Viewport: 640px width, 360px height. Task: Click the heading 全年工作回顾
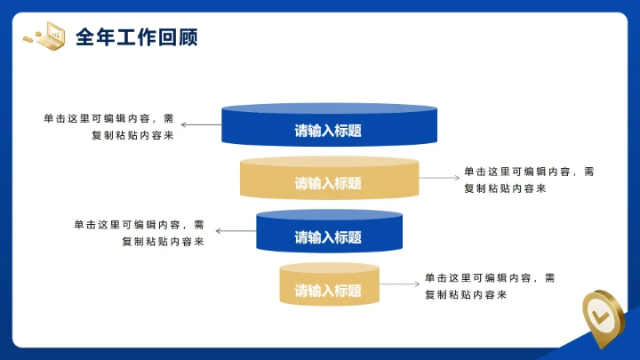coord(136,36)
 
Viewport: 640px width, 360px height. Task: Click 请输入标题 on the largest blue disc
coord(328,132)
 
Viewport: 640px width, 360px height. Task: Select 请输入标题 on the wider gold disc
coord(328,184)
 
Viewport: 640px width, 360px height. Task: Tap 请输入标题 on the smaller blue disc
coord(328,237)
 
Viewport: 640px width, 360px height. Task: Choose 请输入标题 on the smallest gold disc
coord(328,291)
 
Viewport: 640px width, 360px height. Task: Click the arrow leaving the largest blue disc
coord(201,125)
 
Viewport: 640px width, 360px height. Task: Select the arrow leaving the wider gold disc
coord(439,178)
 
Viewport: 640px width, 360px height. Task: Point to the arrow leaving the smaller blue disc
coord(236,231)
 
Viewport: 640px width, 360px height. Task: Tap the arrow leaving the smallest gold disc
coord(400,284)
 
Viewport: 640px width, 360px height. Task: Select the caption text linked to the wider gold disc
coord(528,180)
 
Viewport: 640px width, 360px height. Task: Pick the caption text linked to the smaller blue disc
coord(140,233)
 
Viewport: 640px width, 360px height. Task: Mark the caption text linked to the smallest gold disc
coord(489,285)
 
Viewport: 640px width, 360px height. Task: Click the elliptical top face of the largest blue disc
coord(329,110)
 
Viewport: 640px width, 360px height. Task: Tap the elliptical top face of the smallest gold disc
coord(329,268)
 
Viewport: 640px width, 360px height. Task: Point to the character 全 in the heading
coord(84,36)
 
